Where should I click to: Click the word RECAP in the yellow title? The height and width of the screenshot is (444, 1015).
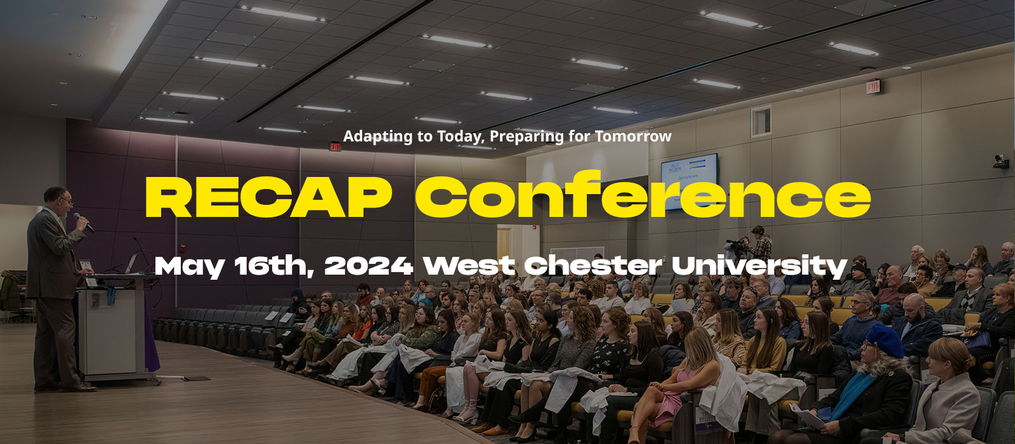tap(269, 197)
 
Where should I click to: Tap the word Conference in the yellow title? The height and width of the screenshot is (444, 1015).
tap(643, 194)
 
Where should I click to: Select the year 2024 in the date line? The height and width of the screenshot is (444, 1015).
tap(369, 266)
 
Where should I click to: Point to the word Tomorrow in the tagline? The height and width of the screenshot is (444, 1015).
tap(633, 136)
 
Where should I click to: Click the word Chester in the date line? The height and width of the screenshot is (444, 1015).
tap(593, 266)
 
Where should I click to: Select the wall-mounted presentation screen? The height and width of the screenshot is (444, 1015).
tap(690, 181)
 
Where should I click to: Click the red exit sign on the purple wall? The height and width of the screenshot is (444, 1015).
tap(335, 147)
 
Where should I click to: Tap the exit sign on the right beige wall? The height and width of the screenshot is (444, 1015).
tap(873, 86)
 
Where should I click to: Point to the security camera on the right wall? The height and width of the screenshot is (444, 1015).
tap(1001, 162)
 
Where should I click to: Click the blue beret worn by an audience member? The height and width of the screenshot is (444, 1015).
tap(884, 340)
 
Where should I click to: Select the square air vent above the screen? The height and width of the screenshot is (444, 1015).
tap(761, 121)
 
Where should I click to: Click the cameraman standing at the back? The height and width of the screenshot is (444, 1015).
tap(761, 244)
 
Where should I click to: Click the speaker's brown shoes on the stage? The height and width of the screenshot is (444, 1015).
tap(68, 388)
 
